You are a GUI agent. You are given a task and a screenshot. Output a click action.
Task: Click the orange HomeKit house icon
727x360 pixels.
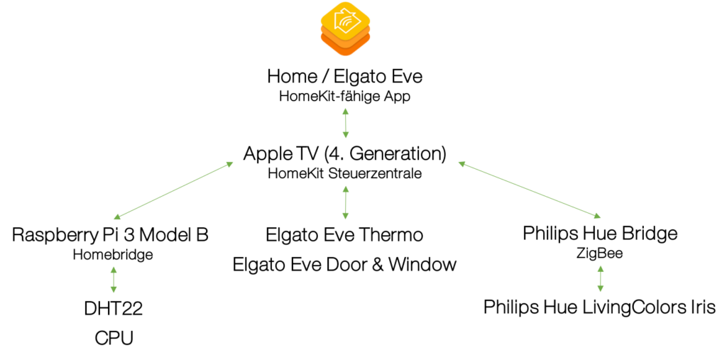pos(346,28)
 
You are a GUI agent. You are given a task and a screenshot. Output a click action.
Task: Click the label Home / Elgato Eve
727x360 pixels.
pos(345,77)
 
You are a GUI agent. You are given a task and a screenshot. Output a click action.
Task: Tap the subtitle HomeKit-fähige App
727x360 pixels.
pos(344,97)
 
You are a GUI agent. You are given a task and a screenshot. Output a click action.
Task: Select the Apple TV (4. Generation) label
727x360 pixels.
pos(344,154)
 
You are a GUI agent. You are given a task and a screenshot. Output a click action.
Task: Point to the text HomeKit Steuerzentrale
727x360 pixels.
pos(344,174)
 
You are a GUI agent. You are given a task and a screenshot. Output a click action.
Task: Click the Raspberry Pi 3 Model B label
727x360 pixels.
pos(110,235)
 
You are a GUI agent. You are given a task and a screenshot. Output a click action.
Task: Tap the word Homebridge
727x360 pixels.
pos(113,255)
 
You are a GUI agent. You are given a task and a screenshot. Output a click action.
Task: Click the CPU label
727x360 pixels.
pos(114,338)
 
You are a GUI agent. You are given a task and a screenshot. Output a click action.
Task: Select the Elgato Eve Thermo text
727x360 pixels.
pos(344,235)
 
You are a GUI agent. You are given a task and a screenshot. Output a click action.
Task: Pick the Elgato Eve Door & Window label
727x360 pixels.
pos(344,264)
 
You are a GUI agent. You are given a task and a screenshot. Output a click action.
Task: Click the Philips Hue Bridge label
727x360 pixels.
pos(600,234)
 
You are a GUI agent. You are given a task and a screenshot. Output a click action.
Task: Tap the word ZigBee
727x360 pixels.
pos(600,253)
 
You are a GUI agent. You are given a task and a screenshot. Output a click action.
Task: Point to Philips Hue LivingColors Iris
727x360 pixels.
pos(600,307)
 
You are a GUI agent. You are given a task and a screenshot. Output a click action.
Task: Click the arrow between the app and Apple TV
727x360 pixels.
pos(345,123)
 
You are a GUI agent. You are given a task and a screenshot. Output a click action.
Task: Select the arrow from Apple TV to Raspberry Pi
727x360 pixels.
pos(173,190)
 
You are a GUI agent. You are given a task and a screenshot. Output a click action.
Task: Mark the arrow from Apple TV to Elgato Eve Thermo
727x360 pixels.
pos(345,202)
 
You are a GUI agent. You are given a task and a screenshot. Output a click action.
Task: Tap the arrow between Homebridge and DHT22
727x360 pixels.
pos(114,280)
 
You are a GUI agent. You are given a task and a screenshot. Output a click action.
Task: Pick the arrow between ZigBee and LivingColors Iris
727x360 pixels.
pos(601,278)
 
